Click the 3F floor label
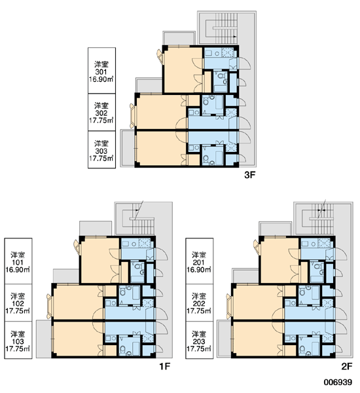click(249, 175)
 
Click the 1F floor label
click(164, 366)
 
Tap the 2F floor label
click(347, 366)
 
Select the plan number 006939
click(338, 383)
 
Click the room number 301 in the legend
click(101, 72)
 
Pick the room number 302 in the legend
click(101, 113)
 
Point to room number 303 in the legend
click(101, 151)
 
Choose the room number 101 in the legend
click(18, 263)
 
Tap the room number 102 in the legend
click(18, 304)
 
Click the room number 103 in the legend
click(18, 342)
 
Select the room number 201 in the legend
click(199, 263)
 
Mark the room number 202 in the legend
click(199, 304)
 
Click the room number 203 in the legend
click(199, 342)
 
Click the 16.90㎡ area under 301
click(101, 79)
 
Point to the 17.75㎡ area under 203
click(199, 349)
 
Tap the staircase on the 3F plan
click(221, 28)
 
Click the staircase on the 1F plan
click(138, 219)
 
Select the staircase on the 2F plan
click(318, 219)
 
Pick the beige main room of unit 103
click(78, 339)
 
